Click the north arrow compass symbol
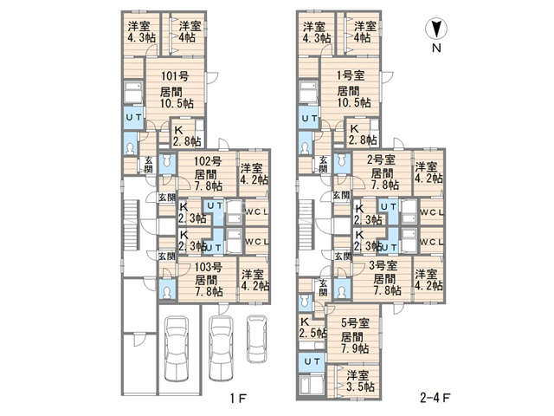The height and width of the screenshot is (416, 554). click(436, 29)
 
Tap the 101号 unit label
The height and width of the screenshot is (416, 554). click(175, 75)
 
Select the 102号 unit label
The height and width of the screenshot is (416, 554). click(208, 161)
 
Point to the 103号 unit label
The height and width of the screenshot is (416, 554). click(209, 267)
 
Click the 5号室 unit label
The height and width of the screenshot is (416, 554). click(355, 322)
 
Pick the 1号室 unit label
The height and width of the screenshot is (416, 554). click(351, 75)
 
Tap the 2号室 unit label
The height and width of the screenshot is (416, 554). click(381, 159)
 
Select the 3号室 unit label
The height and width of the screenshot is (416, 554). click(383, 265)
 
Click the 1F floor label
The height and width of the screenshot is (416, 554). click(238, 399)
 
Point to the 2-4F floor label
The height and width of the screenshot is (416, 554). click(435, 398)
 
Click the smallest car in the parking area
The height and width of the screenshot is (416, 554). click(256, 339)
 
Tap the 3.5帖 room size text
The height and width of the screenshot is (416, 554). click(360, 387)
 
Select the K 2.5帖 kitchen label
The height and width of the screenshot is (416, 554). click(312, 328)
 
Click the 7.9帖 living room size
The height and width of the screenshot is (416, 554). click(355, 348)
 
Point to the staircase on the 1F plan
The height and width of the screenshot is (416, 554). click(131, 225)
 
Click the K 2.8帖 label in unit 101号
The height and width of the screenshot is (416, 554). click(187, 136)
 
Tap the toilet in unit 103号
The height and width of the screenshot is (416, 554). click(167, 291)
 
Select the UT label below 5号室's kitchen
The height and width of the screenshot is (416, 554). click(312, 361)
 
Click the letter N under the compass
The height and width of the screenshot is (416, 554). click(436, 48)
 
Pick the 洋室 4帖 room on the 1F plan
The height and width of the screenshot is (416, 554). click(188, 31)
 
